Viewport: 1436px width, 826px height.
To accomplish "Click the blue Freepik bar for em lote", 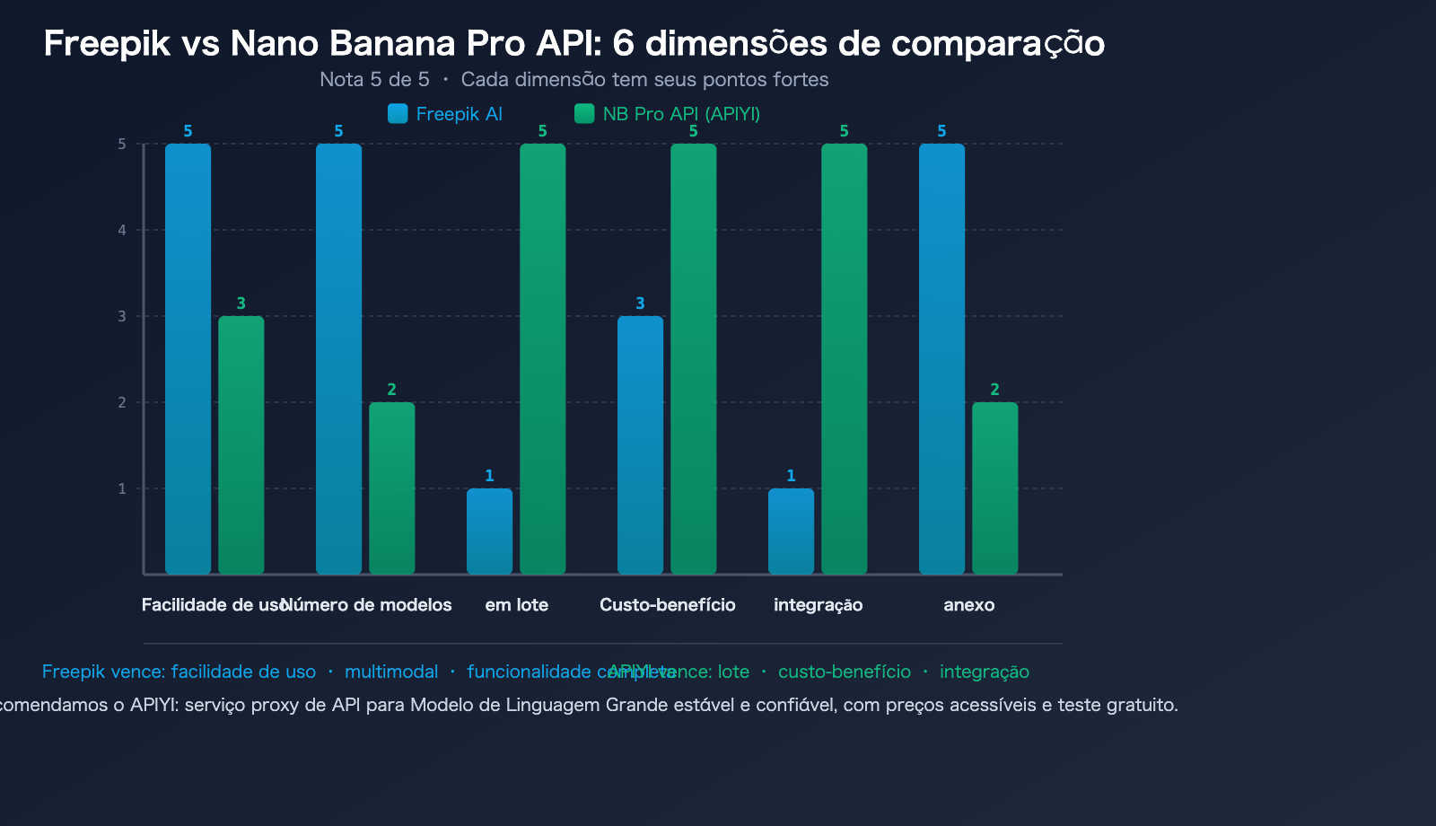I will tap(489, 531).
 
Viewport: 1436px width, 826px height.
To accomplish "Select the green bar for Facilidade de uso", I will tap(241, 444).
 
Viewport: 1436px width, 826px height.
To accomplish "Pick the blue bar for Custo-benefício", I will tap(640, 444).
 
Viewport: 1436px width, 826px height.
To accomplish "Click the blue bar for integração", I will tap(791, 531).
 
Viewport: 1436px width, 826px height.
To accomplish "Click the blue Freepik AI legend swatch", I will tap(398, 113).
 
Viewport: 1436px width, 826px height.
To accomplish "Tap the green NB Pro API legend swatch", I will tap(584, 113).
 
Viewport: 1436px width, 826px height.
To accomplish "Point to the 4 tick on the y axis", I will tap(122, 230).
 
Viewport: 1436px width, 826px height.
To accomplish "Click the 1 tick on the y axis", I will tap(122, 488).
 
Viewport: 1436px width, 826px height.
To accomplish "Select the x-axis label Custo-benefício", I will tap(667, 605).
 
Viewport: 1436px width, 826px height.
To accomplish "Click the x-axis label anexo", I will tap(968, 605).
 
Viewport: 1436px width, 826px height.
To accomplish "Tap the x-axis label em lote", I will tap(516, 605).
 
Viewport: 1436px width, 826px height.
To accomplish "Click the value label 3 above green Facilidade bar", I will tap(241, 303).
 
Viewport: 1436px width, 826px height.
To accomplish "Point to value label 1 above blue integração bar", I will tap(791, 476).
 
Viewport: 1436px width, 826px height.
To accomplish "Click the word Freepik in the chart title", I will tap(106, 43).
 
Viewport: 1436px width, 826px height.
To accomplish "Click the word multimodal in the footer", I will tap(391, 672).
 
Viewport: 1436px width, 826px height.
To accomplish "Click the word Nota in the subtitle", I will tap(341, 79).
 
